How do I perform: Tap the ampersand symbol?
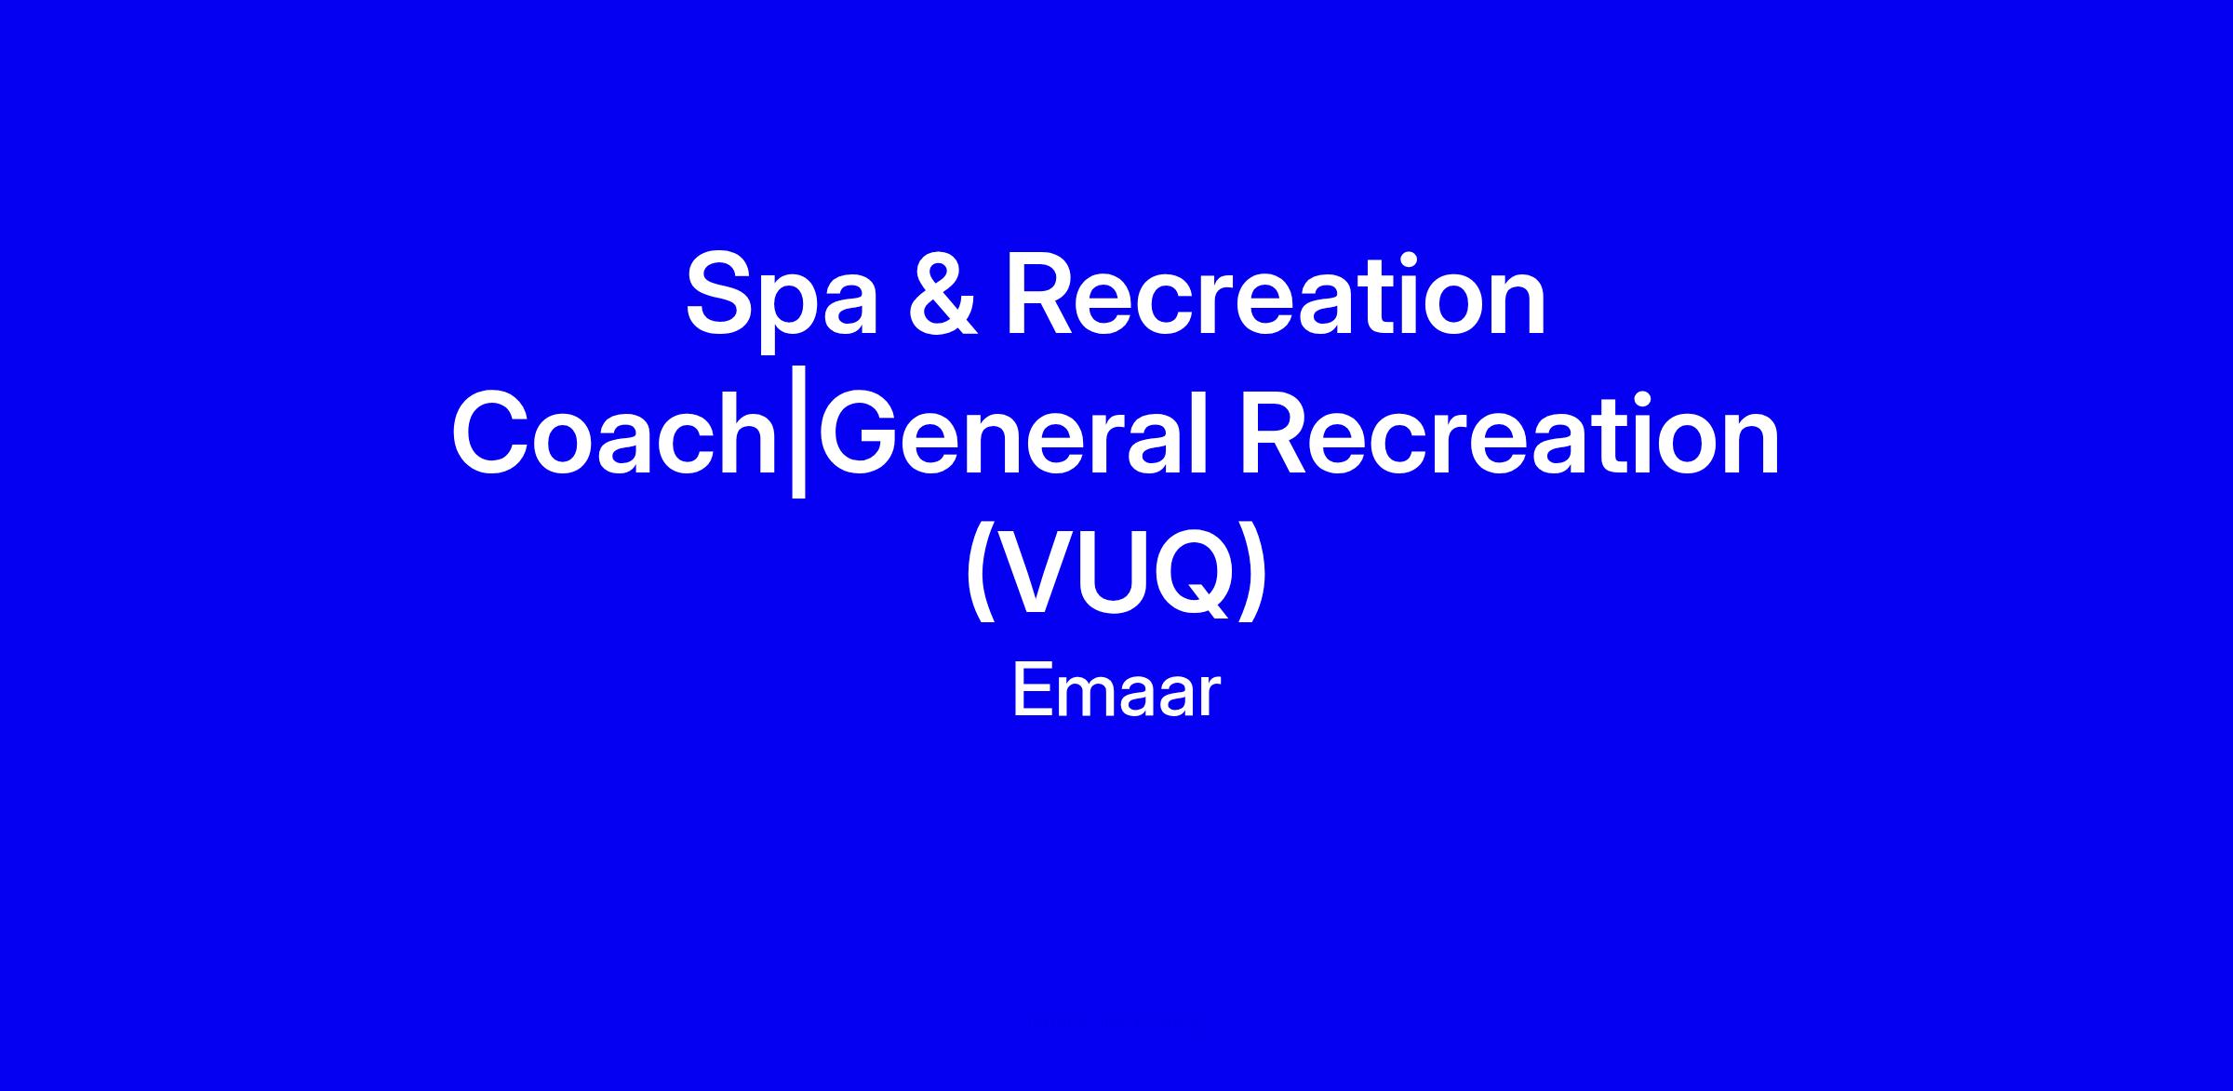tap(943, 295)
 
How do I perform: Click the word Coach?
tap(614, 434)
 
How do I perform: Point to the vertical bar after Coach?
tap(797, 442)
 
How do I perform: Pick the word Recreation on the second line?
tap(1509, 434)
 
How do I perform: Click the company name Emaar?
tap(1116, 691)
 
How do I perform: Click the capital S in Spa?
tap(721, 295)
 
